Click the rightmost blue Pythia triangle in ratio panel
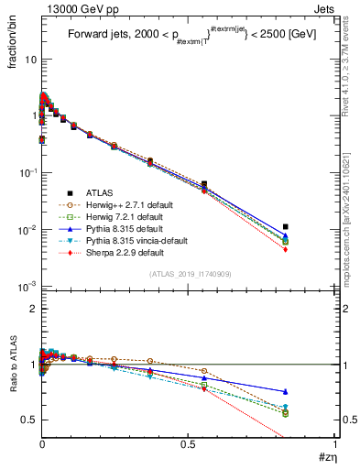pyautogui.click(x=286, y=391)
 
